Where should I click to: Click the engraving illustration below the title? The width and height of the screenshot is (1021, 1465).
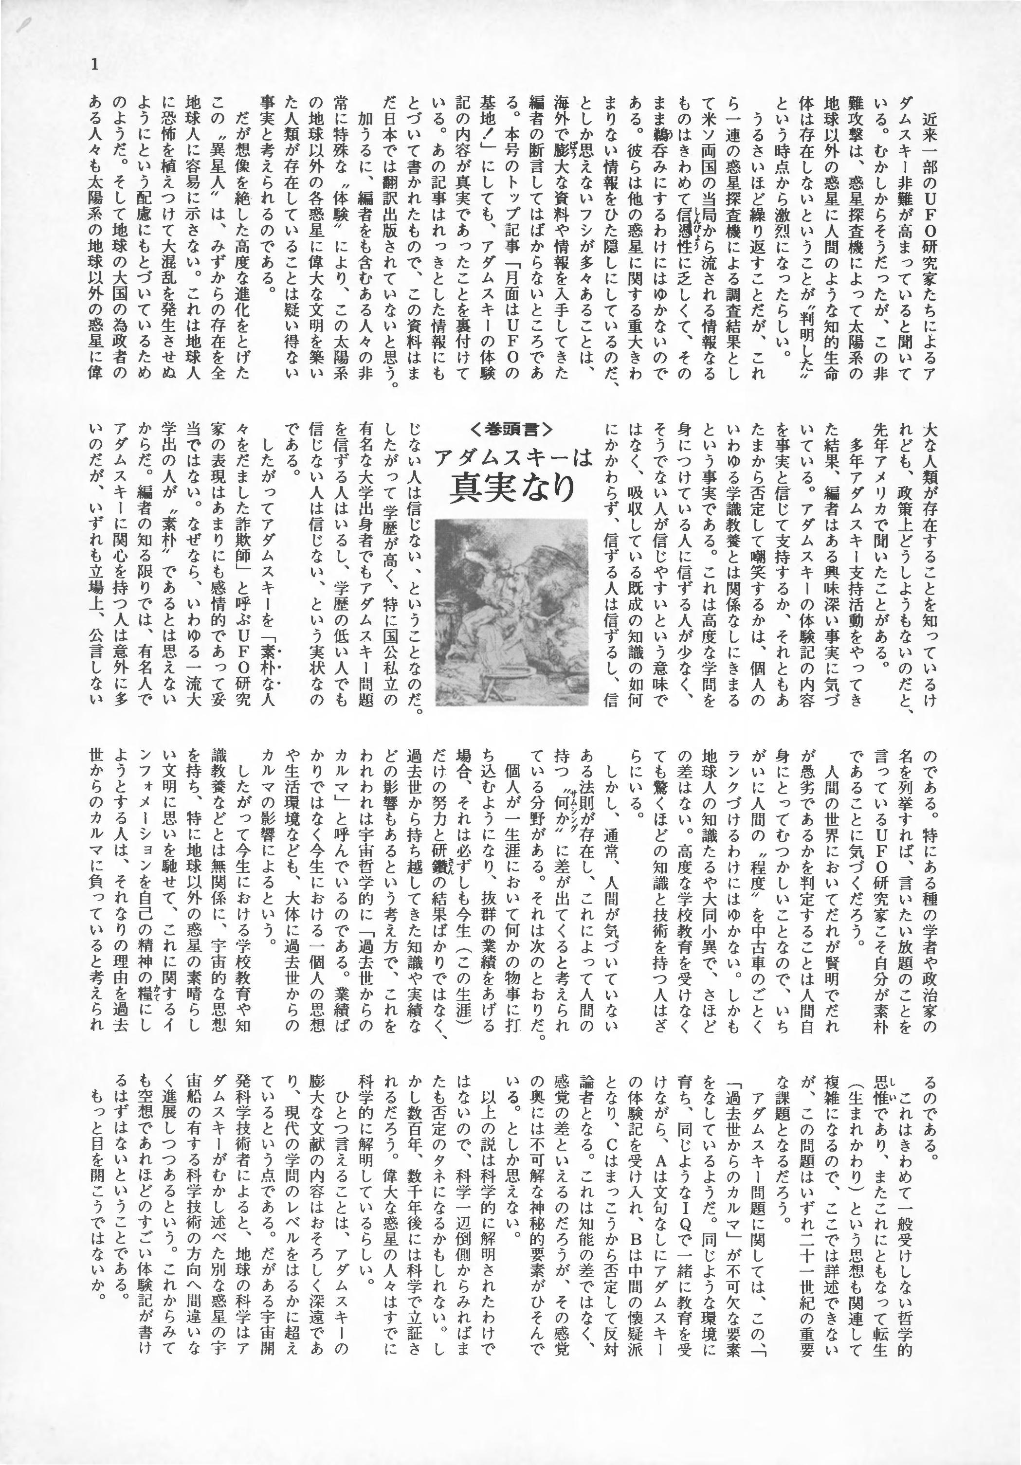point(511,614)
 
